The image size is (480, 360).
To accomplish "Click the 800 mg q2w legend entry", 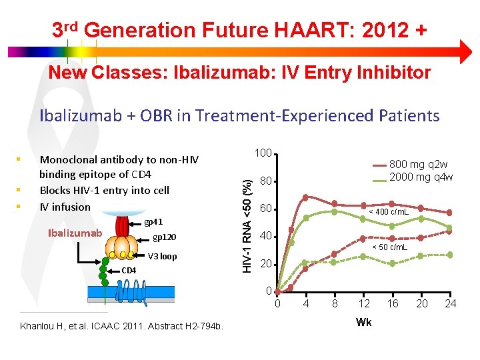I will coord(419,165).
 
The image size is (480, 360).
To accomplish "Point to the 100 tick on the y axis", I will coord(264,153).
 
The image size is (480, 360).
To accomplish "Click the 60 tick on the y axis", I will coord(266,209).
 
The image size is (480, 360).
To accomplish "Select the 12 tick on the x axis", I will coord(364,304).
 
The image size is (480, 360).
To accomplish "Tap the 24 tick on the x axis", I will coord(451,304).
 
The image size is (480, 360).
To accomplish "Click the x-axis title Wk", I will coord(364,322).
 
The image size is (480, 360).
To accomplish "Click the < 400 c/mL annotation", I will coord(389,212).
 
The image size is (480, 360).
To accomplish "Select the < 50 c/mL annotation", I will coord(390,247).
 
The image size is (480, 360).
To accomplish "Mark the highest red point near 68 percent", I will coord(305,197).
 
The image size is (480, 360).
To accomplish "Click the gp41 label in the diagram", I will coord(153,221).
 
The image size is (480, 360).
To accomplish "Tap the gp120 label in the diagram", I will coord(164,237).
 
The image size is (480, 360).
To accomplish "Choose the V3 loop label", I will coord(162,257).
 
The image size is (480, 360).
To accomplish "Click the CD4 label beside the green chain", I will coord(129,270).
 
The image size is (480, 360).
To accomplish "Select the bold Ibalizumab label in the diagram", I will coord(75,233).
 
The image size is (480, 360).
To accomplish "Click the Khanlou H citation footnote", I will coord(122,325).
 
